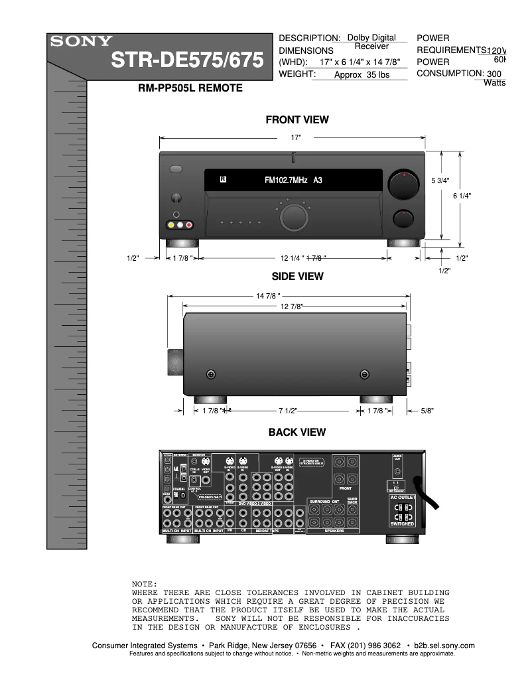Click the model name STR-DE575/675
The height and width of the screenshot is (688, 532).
(188, 60)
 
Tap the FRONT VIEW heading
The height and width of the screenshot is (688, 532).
(297, 120)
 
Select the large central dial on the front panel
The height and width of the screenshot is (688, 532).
(293, 217)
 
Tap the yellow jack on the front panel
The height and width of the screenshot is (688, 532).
(171, 226)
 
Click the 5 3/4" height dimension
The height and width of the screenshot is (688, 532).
(440, 180)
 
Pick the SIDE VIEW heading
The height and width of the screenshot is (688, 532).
(297, 276)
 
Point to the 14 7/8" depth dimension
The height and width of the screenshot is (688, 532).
(269, 295)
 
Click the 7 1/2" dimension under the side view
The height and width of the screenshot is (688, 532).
(288, 411)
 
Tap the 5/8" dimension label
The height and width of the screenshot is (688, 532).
(427, 411)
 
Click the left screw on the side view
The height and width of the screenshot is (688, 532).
(211, 375)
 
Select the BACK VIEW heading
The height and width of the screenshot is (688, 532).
(297, 433)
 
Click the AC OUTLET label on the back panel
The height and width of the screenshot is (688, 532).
(402, 497)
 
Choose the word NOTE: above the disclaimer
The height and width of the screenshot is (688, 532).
(145, 583)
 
